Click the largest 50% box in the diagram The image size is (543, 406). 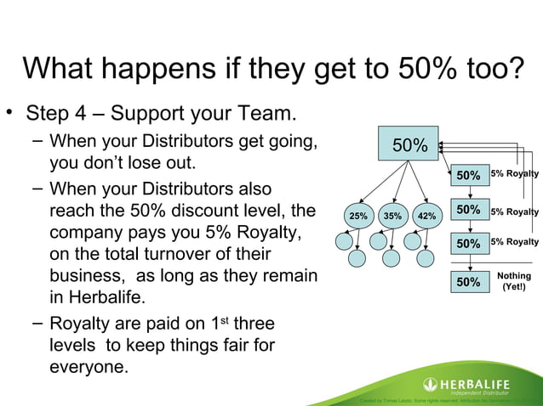tap(409, 146)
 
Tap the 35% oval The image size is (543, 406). tap(392, 216)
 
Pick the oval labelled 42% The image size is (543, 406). tap(426, 216)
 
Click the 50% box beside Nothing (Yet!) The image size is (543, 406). tap(468, 281)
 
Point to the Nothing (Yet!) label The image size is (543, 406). tap(513, 281)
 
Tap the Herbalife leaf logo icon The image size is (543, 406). tap(431, 384)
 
